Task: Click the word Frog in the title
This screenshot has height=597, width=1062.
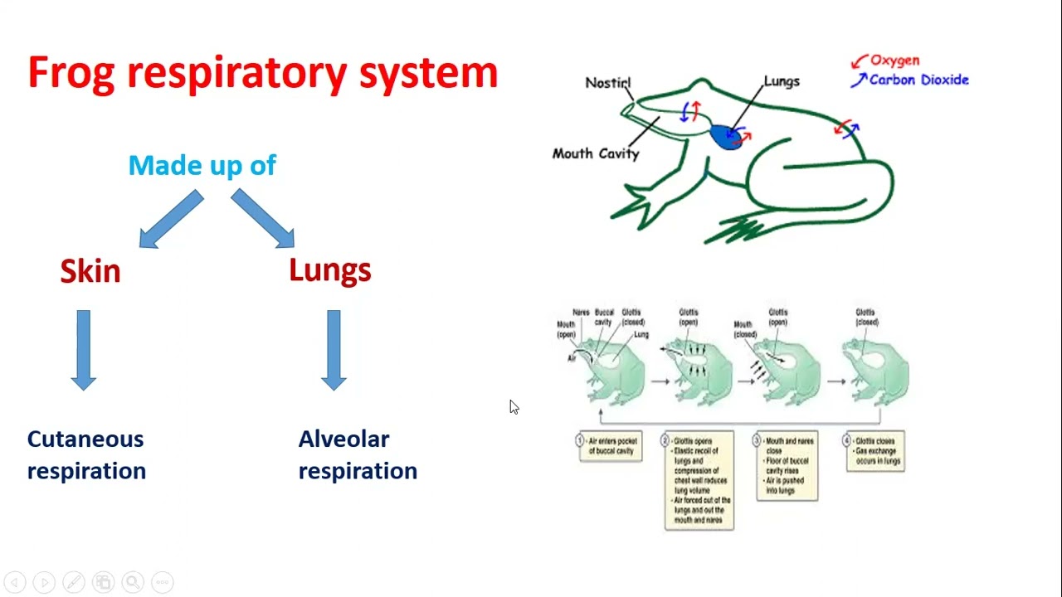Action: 72,74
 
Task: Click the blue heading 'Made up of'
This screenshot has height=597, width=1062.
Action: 202,165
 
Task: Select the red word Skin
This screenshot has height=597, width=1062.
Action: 90,271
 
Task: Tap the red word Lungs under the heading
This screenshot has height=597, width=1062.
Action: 329,270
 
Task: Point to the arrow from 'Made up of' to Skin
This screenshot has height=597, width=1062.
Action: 171,219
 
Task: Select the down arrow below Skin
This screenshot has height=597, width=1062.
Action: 84,349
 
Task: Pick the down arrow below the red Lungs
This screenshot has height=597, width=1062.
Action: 334,349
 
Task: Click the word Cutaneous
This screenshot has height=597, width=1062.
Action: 85,439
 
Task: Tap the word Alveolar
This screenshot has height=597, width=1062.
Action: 343,439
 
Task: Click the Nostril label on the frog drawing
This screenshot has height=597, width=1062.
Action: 608,83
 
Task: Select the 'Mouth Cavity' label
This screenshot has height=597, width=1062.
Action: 596,153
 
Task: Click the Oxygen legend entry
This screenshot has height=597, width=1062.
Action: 894,61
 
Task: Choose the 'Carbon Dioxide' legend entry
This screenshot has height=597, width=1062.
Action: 918,80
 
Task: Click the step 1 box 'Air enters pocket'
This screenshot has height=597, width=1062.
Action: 610,446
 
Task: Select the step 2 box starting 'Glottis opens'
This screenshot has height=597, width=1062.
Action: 699,480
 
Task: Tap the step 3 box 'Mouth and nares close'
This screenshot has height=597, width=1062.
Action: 787,466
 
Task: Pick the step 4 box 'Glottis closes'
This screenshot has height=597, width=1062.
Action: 875,451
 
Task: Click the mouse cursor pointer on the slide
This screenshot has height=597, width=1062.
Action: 514,406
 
